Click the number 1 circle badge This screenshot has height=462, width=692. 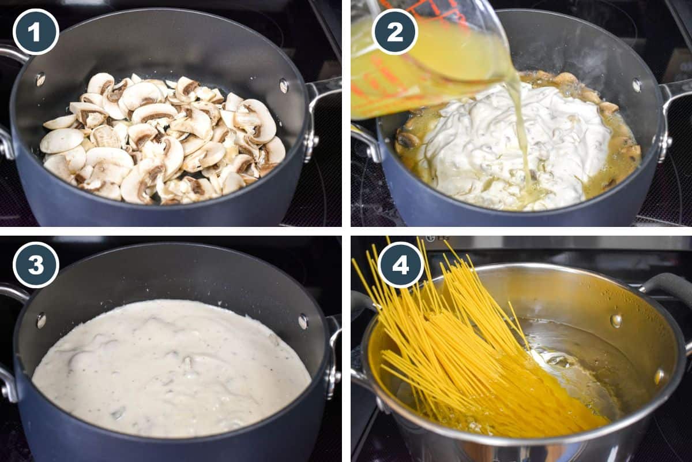pyautogui.click(x=36, y=32)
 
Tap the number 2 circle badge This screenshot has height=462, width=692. pyautogui.click(x=395, y=32)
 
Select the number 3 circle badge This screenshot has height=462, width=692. pyautogui.click(x=36, y=264)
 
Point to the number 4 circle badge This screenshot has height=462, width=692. pyautogui.click(x=401, y=264)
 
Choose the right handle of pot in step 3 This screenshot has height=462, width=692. pyautogui.click(x=333, y=352)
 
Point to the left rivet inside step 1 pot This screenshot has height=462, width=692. pyautogui.click(x=40, y=79)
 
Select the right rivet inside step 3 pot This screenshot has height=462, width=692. pyautogui.click(x=303, y=321)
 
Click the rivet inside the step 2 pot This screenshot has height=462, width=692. pyautogui.click(x=636, y=85)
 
